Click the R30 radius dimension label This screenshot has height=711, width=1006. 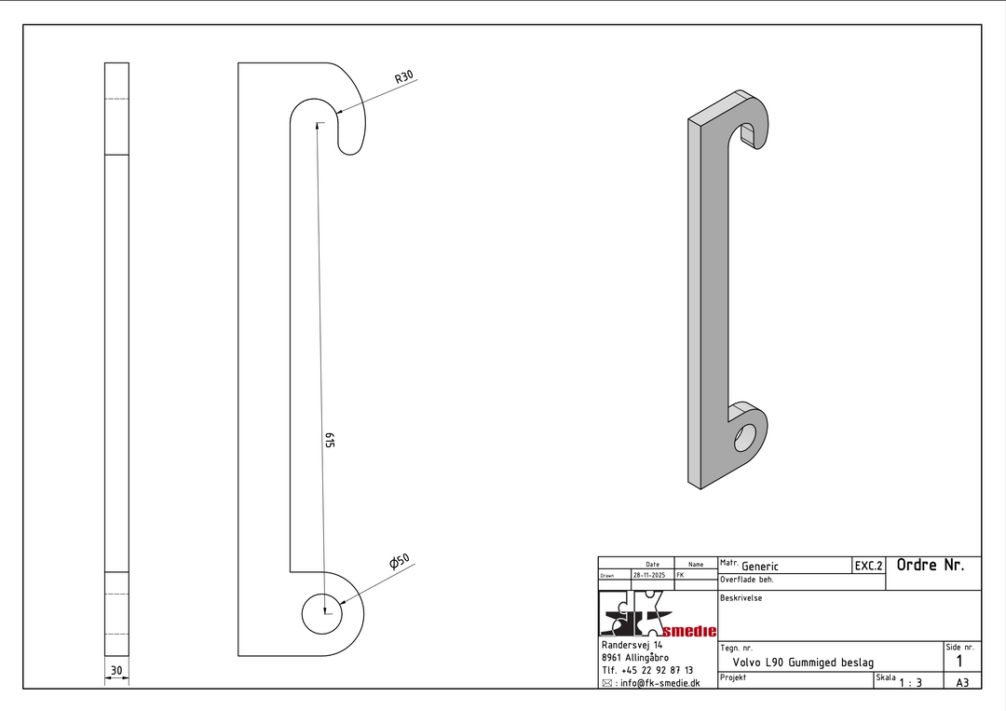[x=403, y=77]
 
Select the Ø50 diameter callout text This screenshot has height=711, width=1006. [x=399, y=562]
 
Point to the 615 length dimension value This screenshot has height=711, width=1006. [x=330, y=440]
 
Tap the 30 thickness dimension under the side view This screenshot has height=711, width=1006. [x=116, y=671]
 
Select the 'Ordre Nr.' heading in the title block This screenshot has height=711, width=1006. [x=931, y=566]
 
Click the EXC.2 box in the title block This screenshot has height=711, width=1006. [x=869, y=566]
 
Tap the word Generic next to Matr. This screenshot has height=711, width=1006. [x=760, y=566]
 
